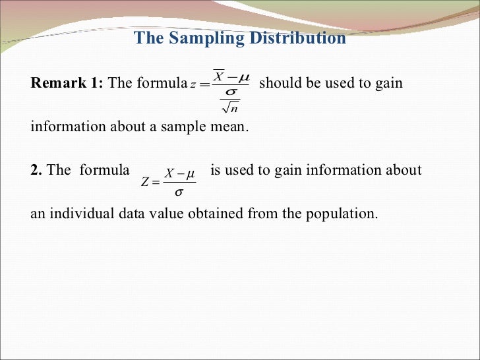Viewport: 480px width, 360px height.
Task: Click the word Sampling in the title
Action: click(x=208, y=38)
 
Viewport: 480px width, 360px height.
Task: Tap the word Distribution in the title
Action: click(x=297, y=38)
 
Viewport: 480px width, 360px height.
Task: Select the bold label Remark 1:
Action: click(x=67, y=83)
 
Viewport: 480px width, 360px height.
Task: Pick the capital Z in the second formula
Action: click(x=146, y=183)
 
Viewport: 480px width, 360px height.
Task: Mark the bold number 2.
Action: click(x=36, y=170)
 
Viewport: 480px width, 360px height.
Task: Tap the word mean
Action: click(x=229, y=127)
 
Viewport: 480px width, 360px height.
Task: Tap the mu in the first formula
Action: click(x=243, y=78)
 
